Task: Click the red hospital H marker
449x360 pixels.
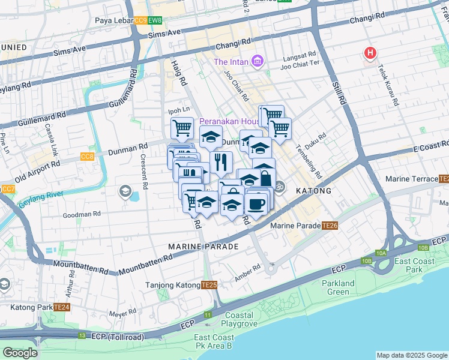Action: [x=370, y=54]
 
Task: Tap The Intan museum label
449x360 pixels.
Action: [x=233, y=61]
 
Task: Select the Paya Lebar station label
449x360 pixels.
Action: [x=112, y=20]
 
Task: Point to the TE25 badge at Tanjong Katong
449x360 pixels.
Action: [x=209, y=285]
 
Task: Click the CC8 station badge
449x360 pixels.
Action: [x=87, y=157]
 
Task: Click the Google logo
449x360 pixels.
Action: [x=20, y=353]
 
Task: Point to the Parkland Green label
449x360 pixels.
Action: [x=338, y=287]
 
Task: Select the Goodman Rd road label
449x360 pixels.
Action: [x=81, y=214]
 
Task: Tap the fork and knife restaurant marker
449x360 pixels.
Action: [x=221, y=161]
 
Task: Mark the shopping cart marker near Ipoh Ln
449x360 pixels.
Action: [x=182, y=127]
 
